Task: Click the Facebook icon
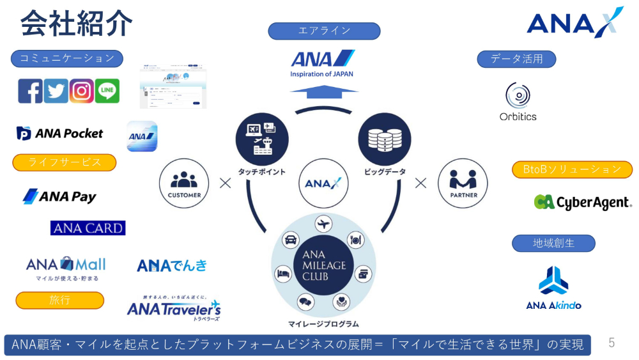click(30, 91)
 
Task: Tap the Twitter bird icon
click(56, 91)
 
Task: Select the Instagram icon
click(82, 91)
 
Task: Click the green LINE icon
click(107, 91)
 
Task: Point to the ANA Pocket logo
click(60, 134)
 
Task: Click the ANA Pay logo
click(59, 196)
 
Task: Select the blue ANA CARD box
click(88, 228)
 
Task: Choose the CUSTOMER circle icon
click(184, 183)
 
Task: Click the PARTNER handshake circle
click(463, 183)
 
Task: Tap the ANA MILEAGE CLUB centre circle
click(323, 265)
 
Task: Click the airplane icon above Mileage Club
click(324, 224)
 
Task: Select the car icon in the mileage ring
click(291, 241)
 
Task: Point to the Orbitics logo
click(518, 102)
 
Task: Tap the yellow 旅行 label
click(59, 300)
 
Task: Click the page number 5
click(612, 343)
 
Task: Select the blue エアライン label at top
click(324, 31)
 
